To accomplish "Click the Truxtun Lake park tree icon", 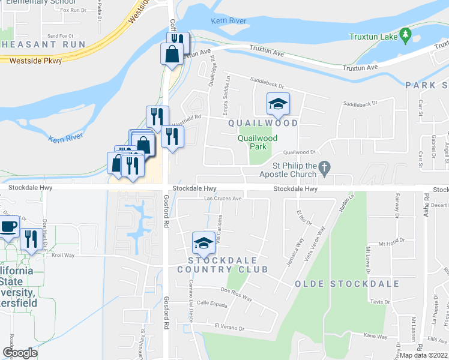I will tap(405, 36).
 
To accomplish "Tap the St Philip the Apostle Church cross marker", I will tap(324, 170).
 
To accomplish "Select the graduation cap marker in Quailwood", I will tap(278, 105).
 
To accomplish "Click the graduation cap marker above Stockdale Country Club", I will tap(203, 243).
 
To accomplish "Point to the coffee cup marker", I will tap(8, 227).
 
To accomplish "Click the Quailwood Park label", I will tap(258, 142).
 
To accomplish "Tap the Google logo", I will tap(20, 353).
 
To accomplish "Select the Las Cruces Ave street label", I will tap(223, 199).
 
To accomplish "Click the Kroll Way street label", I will tap(62, 255).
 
